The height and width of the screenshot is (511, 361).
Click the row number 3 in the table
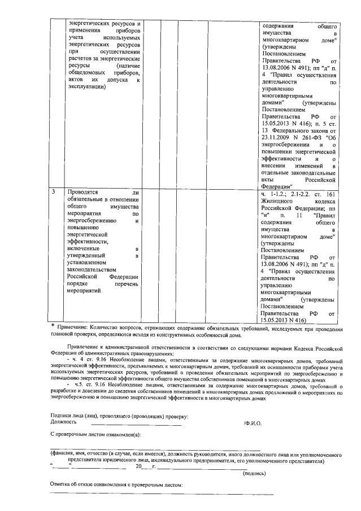[x=53, y=193]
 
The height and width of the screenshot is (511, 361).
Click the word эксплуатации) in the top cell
[x=86, y=87]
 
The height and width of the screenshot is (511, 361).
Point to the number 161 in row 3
[x=330, y=193]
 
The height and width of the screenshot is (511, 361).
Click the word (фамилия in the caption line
[x=66, y=454]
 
